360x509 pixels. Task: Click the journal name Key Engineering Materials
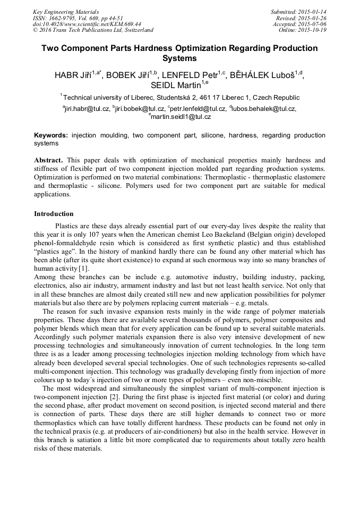coord(66,12)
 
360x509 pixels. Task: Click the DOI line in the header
coord(87,24)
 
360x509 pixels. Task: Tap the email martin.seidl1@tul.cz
coord(182,117)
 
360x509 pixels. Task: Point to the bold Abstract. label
coord(48,160)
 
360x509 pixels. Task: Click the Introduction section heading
coord(54,214)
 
